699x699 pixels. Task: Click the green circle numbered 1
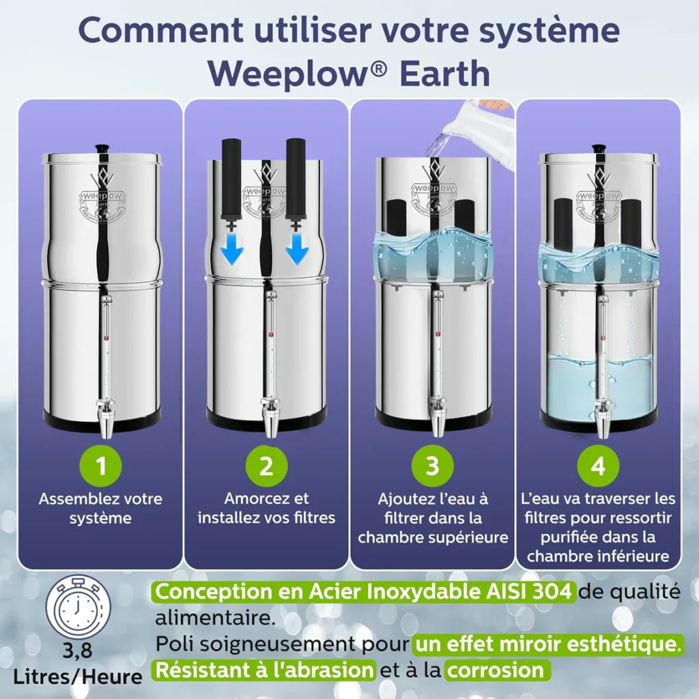click(x=101, y=467)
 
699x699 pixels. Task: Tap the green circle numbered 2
click(x=266, y=467)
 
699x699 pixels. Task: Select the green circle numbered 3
click(x=432, y=467)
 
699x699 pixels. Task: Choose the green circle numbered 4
click(x=598, y=467)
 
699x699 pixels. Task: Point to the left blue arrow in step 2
click(x=233, y=253)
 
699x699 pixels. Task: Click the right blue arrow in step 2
click(x=297, y=253)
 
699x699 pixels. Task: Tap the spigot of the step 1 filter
click(x=106, y=418)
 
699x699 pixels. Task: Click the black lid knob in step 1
click(x=102, y=147)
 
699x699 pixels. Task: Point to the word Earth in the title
click(x=444, y=74)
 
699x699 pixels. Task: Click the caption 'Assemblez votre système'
click(x=100, y=509)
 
